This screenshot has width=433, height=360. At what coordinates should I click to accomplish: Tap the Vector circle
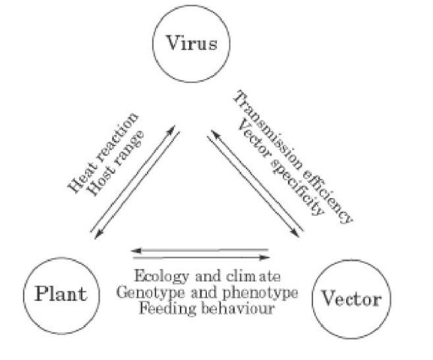click(x=350, y=298)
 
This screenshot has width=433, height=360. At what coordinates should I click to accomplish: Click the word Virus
click(x=186, y=43)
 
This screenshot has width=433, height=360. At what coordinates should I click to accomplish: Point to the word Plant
click(x=60, y=292)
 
